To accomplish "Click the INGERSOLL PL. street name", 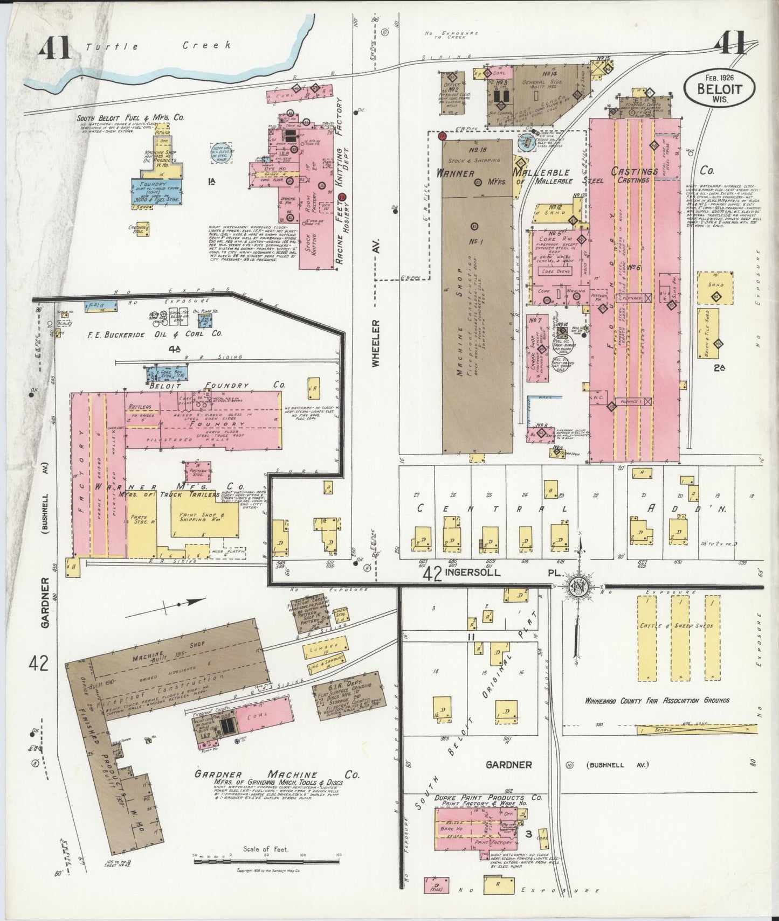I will [496, 574].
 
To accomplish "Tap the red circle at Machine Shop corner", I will [442, 136].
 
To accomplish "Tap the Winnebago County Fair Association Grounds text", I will [657, 700].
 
